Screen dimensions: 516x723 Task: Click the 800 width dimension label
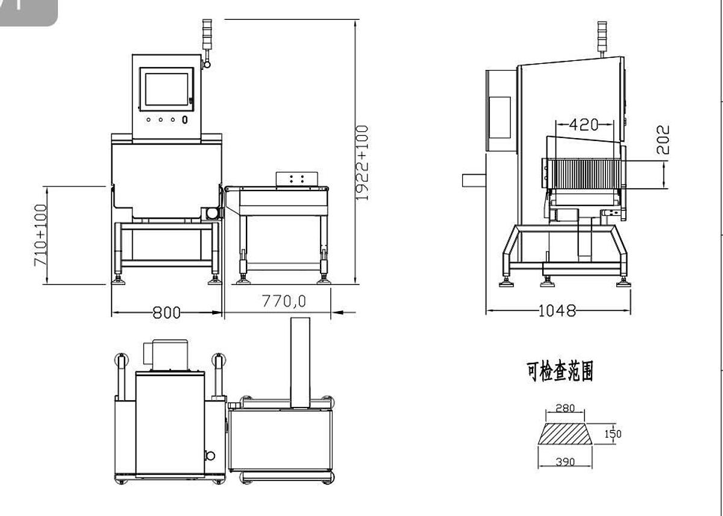click(x=166, y=312)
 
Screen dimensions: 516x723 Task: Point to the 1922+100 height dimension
click(x=362, y=163)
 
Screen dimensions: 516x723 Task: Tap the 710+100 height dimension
click(x=40, y=235)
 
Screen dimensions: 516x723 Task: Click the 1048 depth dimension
click(x=557, y=310)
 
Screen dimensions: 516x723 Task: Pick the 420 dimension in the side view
click(x=584, y=125)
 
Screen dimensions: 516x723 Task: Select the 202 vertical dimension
click(x=662, y=139)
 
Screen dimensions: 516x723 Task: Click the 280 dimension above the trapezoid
click(x=565, y=408)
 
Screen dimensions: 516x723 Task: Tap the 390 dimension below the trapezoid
click(x=565, y=462)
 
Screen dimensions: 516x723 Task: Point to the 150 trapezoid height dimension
click(x=613, y=433)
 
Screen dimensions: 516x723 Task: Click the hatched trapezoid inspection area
click(x=565, y=434)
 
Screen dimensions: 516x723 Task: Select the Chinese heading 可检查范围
click(x=560, y=372)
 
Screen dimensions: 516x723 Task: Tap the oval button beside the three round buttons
click(x=184, y=119)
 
